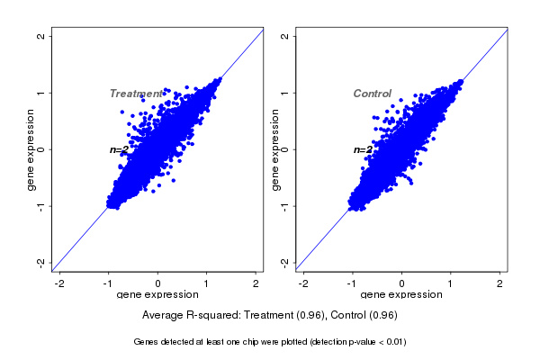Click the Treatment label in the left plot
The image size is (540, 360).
136,94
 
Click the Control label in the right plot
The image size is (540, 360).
372,94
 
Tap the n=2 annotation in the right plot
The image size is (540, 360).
363,149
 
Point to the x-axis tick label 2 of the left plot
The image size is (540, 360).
256,283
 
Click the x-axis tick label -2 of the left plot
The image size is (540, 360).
59,283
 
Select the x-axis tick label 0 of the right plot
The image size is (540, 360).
402,283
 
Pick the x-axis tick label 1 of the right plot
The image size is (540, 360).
452,283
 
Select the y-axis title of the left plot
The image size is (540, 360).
31,149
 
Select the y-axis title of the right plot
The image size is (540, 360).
274,149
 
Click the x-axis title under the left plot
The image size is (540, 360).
158,295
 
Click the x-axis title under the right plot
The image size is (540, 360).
402,295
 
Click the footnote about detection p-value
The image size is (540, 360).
270,342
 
